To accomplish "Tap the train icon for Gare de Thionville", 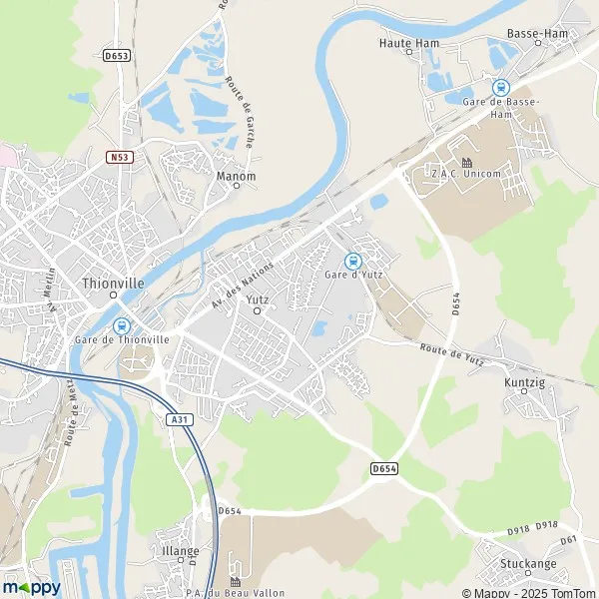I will [x=122, y=325].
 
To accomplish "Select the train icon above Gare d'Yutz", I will [x=351, y=261].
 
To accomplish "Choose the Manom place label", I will [x=237, y=177].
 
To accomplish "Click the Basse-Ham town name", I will [x=538, y=33].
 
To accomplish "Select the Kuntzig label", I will [x=524, y=379].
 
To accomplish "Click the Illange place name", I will [x=182, y=550].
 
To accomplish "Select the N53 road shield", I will [x=121, y=156].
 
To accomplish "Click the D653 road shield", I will [x=117, y=56].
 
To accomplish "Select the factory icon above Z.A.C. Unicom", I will [x=466, y=162].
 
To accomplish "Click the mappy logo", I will [x=31, y=586].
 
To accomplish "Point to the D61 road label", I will [x=568, y=540].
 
